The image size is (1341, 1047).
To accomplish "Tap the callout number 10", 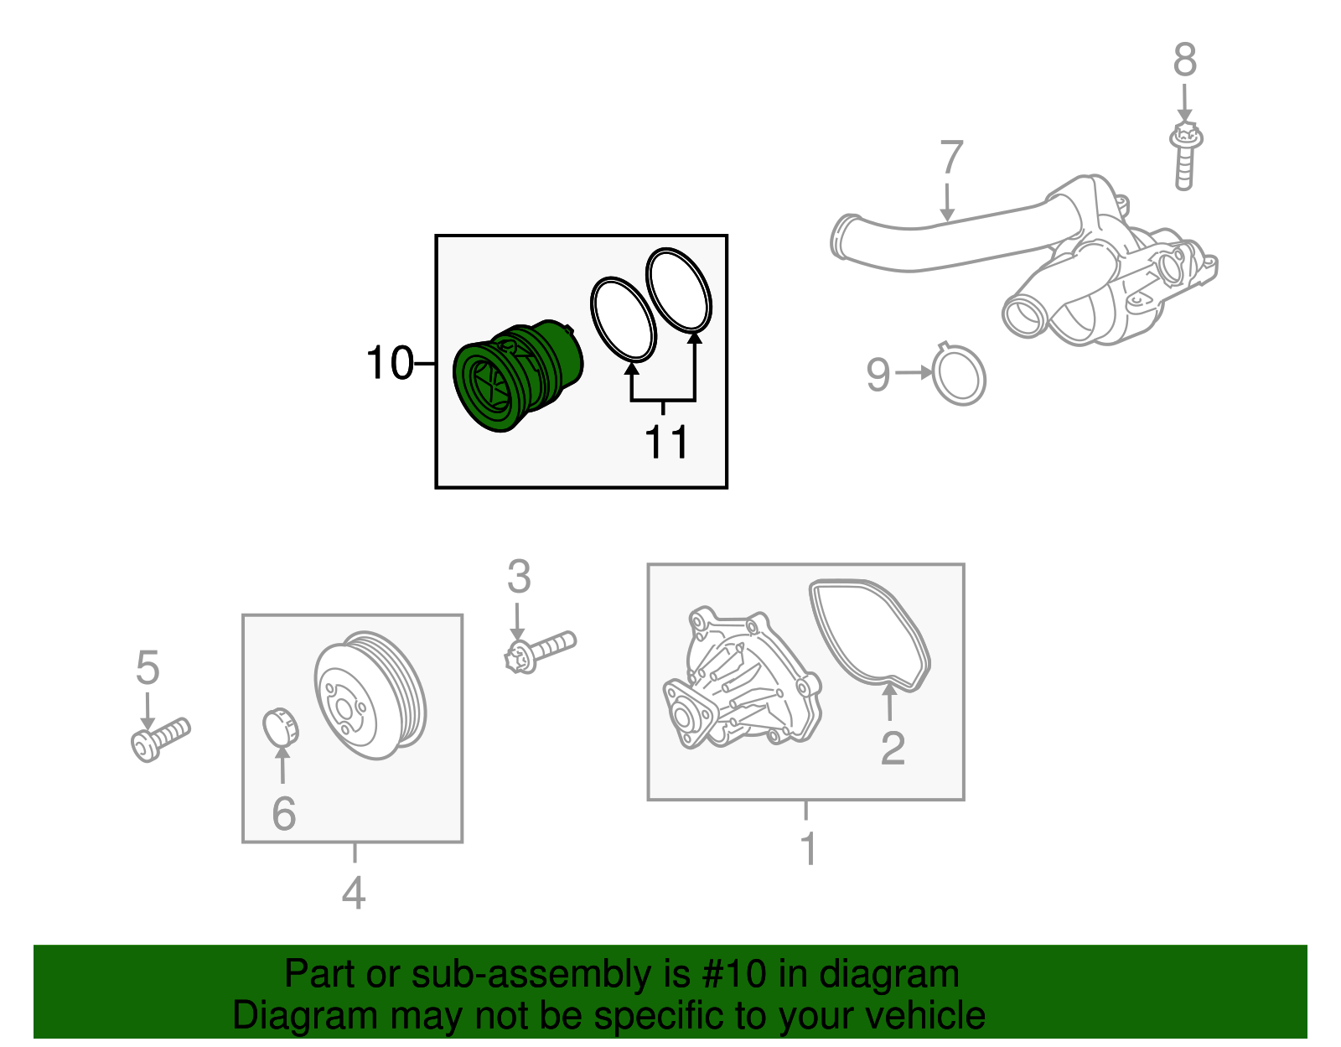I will (x=390, y=364).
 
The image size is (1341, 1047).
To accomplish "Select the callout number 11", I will (x=667, y=442).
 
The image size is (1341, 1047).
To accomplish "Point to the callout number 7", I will (x=951, y=158).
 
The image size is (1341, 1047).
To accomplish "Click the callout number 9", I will (x=878, y=374).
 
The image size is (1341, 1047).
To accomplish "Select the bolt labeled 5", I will (x=160, y=739).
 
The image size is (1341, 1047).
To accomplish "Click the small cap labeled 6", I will (x=281, y=727).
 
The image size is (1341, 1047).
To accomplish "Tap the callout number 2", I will (x=893, y=748).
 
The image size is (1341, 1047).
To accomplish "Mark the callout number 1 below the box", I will (x=808, y=849).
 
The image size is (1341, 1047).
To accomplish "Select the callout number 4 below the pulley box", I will (x=353, y=893).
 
